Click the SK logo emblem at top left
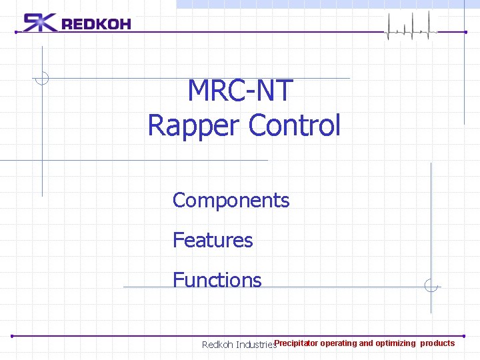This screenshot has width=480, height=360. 40,23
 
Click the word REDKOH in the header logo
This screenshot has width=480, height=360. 96,25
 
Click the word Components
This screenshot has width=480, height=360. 231,200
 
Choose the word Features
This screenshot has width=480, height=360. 213,240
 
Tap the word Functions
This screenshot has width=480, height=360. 217,280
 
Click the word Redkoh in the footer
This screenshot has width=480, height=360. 217,345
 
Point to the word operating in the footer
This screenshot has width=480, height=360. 338,343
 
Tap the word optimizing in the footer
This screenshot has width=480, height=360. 395,343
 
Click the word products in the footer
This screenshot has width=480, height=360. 437,343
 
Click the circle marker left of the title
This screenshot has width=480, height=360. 42,78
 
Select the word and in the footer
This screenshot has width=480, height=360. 366,343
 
